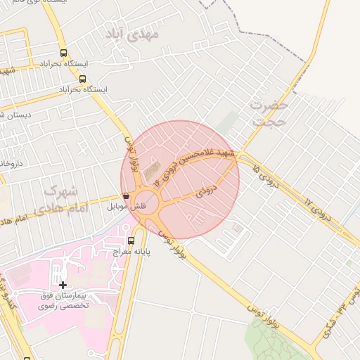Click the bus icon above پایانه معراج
[130, 241]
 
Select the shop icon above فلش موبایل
[126, 196]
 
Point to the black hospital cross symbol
[63, 285]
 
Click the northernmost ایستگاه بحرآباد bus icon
[64, 53]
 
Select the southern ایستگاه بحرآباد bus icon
[83, 79]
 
